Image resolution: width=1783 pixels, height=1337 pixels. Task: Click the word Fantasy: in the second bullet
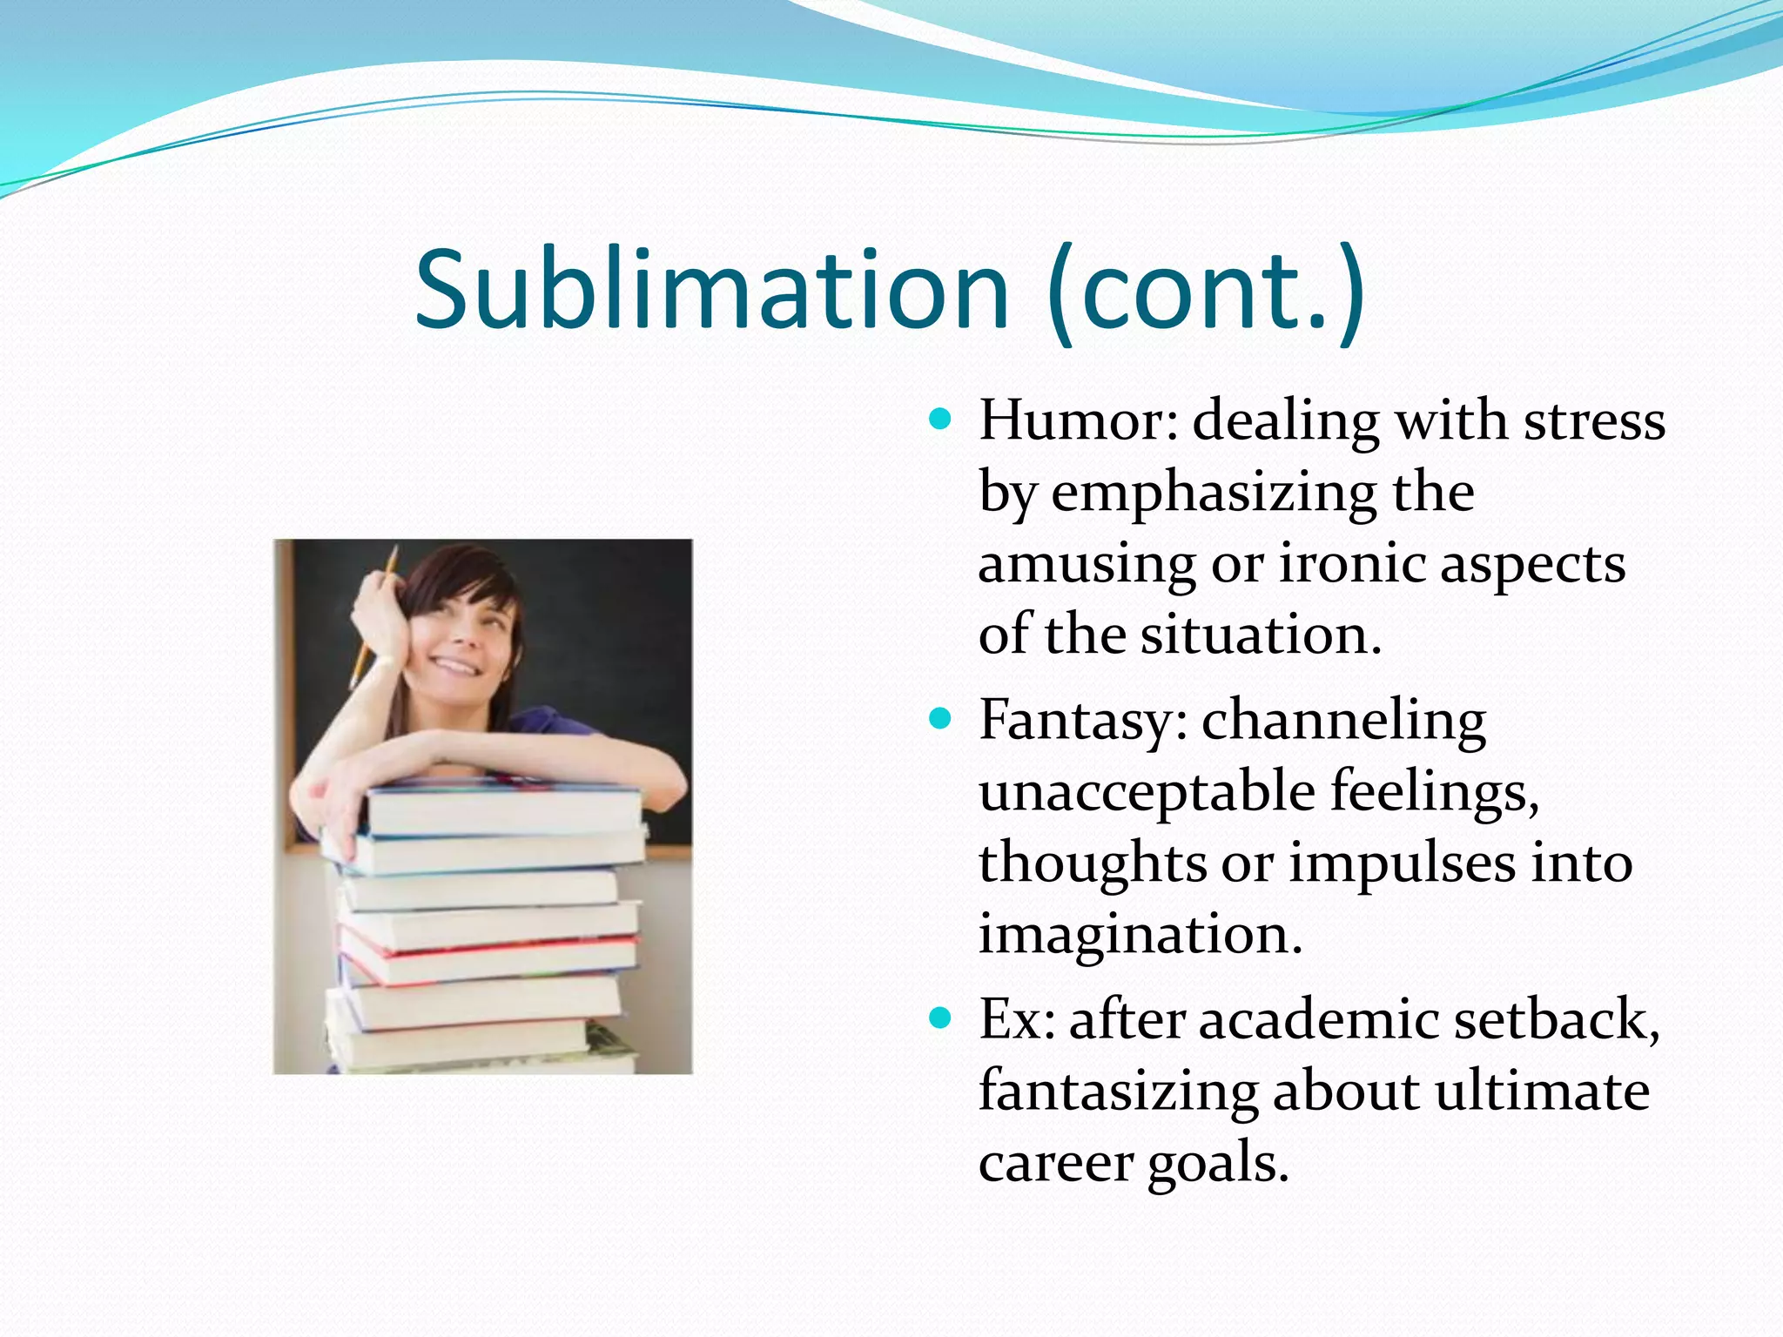coord(1083,722)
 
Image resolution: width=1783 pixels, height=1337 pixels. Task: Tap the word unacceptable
coord(1147,792)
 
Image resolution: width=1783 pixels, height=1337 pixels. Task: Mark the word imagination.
coord(1140,935)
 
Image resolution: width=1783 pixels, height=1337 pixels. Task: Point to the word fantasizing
coord(1118,1092)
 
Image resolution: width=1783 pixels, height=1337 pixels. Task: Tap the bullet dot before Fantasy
coord(940,720)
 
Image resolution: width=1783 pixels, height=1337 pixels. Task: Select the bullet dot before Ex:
coord(940,1018)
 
